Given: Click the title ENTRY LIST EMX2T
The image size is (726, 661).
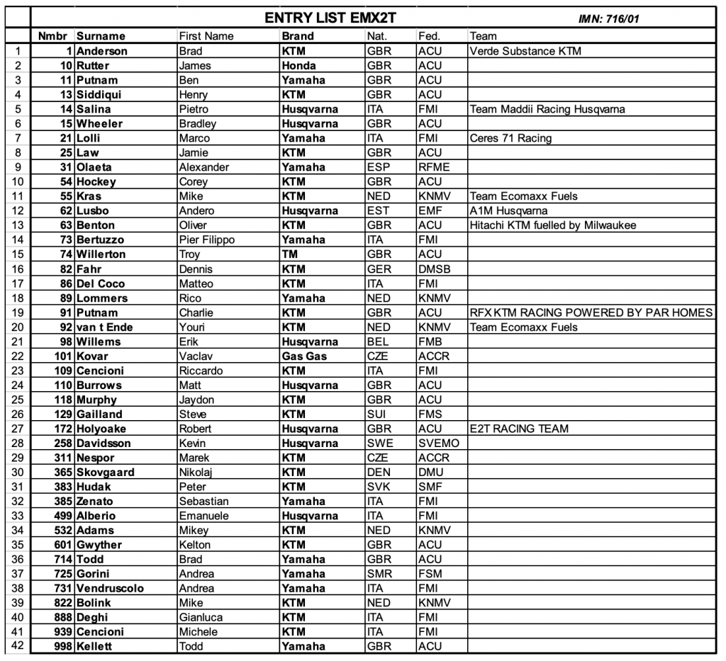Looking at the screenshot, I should pyautogui.click(x=321, y=18).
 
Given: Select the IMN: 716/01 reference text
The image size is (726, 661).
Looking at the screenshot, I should pyautogui.click(x=609, y=19).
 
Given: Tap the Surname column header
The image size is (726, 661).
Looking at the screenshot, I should pyautogui.click(x=101, y=36).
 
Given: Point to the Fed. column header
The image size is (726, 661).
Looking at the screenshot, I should pyautogui.click(x=429, y=36).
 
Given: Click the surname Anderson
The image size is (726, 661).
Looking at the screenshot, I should pyautogui.click(x=102, y=51).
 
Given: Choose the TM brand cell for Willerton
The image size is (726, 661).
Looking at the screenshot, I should pyautogui.click(x=289, y=254).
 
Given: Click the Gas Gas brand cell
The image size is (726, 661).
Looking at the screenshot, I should pyautogui.click(x=304, y=356).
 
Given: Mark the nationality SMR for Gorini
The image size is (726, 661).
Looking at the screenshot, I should pyautogui.click(x=379, y=573).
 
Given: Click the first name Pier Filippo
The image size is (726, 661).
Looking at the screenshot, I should pyautogui.click(x=206, y=239).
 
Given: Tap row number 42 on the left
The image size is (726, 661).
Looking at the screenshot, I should pyautogui.click(x=17, y=645).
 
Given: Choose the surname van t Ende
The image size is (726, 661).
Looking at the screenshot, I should pyautogui.click(x=107, y=327).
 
